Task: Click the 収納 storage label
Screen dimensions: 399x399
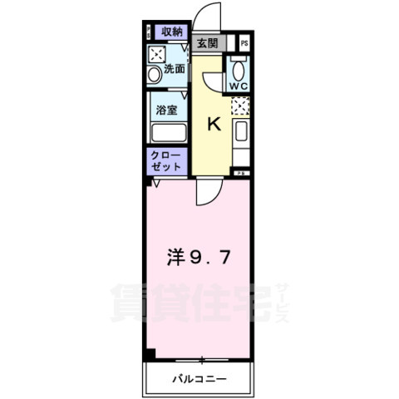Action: point(172,32)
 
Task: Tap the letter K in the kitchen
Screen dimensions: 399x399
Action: point(213,126)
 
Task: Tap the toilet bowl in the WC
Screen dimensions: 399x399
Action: point(239,70)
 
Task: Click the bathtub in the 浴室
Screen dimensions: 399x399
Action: point(168,133)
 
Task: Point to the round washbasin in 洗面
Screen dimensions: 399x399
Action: point(154,75)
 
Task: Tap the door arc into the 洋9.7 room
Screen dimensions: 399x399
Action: point(206,195)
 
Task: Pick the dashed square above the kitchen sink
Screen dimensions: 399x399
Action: point(240,106)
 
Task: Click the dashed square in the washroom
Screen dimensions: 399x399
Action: point(156,55)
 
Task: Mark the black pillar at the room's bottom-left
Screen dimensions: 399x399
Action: point(150,354)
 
